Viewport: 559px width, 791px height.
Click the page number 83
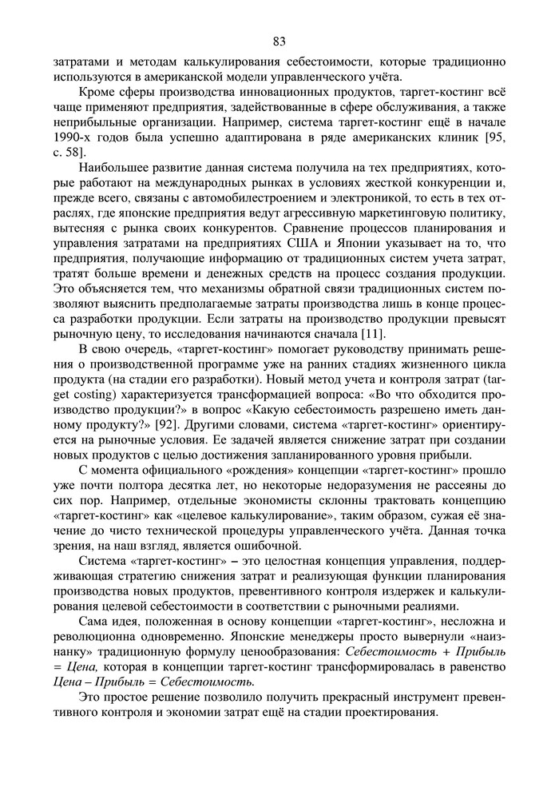click(279, 42)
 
